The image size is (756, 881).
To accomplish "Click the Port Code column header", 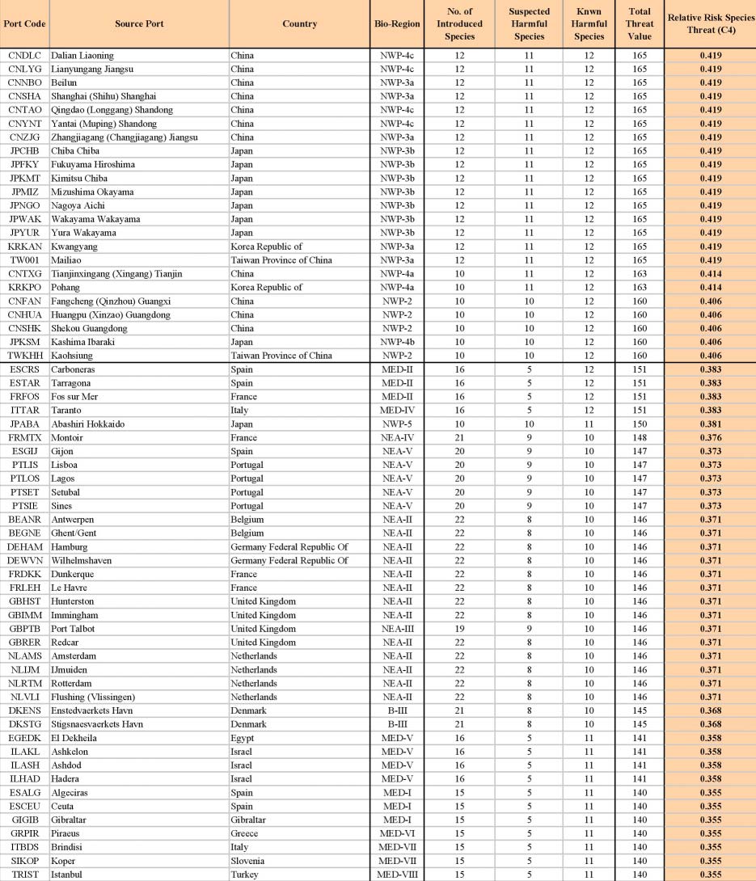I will click(x=24, y=23).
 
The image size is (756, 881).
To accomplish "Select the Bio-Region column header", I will click(x=397, y=23).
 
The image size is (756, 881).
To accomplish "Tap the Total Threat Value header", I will click(x=639, y=23).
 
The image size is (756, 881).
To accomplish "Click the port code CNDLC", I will click(x=22, y=55).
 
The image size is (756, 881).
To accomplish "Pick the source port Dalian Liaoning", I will click(x=82, y=55).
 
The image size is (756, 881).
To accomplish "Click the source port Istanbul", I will click(x=71, y=874).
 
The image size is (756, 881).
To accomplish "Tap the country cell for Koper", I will click(x=250, y=861).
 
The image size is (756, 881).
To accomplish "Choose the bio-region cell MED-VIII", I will click(x=397, y=874).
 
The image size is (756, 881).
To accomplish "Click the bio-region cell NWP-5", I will click(x=397, y=424).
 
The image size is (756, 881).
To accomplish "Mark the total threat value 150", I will click(x=639, y=424).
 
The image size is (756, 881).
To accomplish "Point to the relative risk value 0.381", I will click(x=709, y=424).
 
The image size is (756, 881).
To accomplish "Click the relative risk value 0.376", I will click(x=709, y=437).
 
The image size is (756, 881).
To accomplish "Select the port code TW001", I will click(x=21, y=260).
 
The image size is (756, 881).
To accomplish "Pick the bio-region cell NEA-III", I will click(x=397, y=628).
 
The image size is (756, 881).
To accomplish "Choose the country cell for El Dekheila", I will click(x=243, y=737).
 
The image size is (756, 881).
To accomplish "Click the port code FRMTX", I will click(x=23, y=437).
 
